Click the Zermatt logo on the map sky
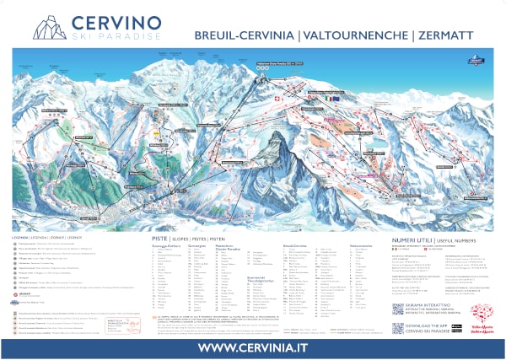point(478,58)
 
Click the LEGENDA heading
point(24,238)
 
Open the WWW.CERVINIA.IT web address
point(252,347)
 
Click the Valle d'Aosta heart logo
point(477,317)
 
